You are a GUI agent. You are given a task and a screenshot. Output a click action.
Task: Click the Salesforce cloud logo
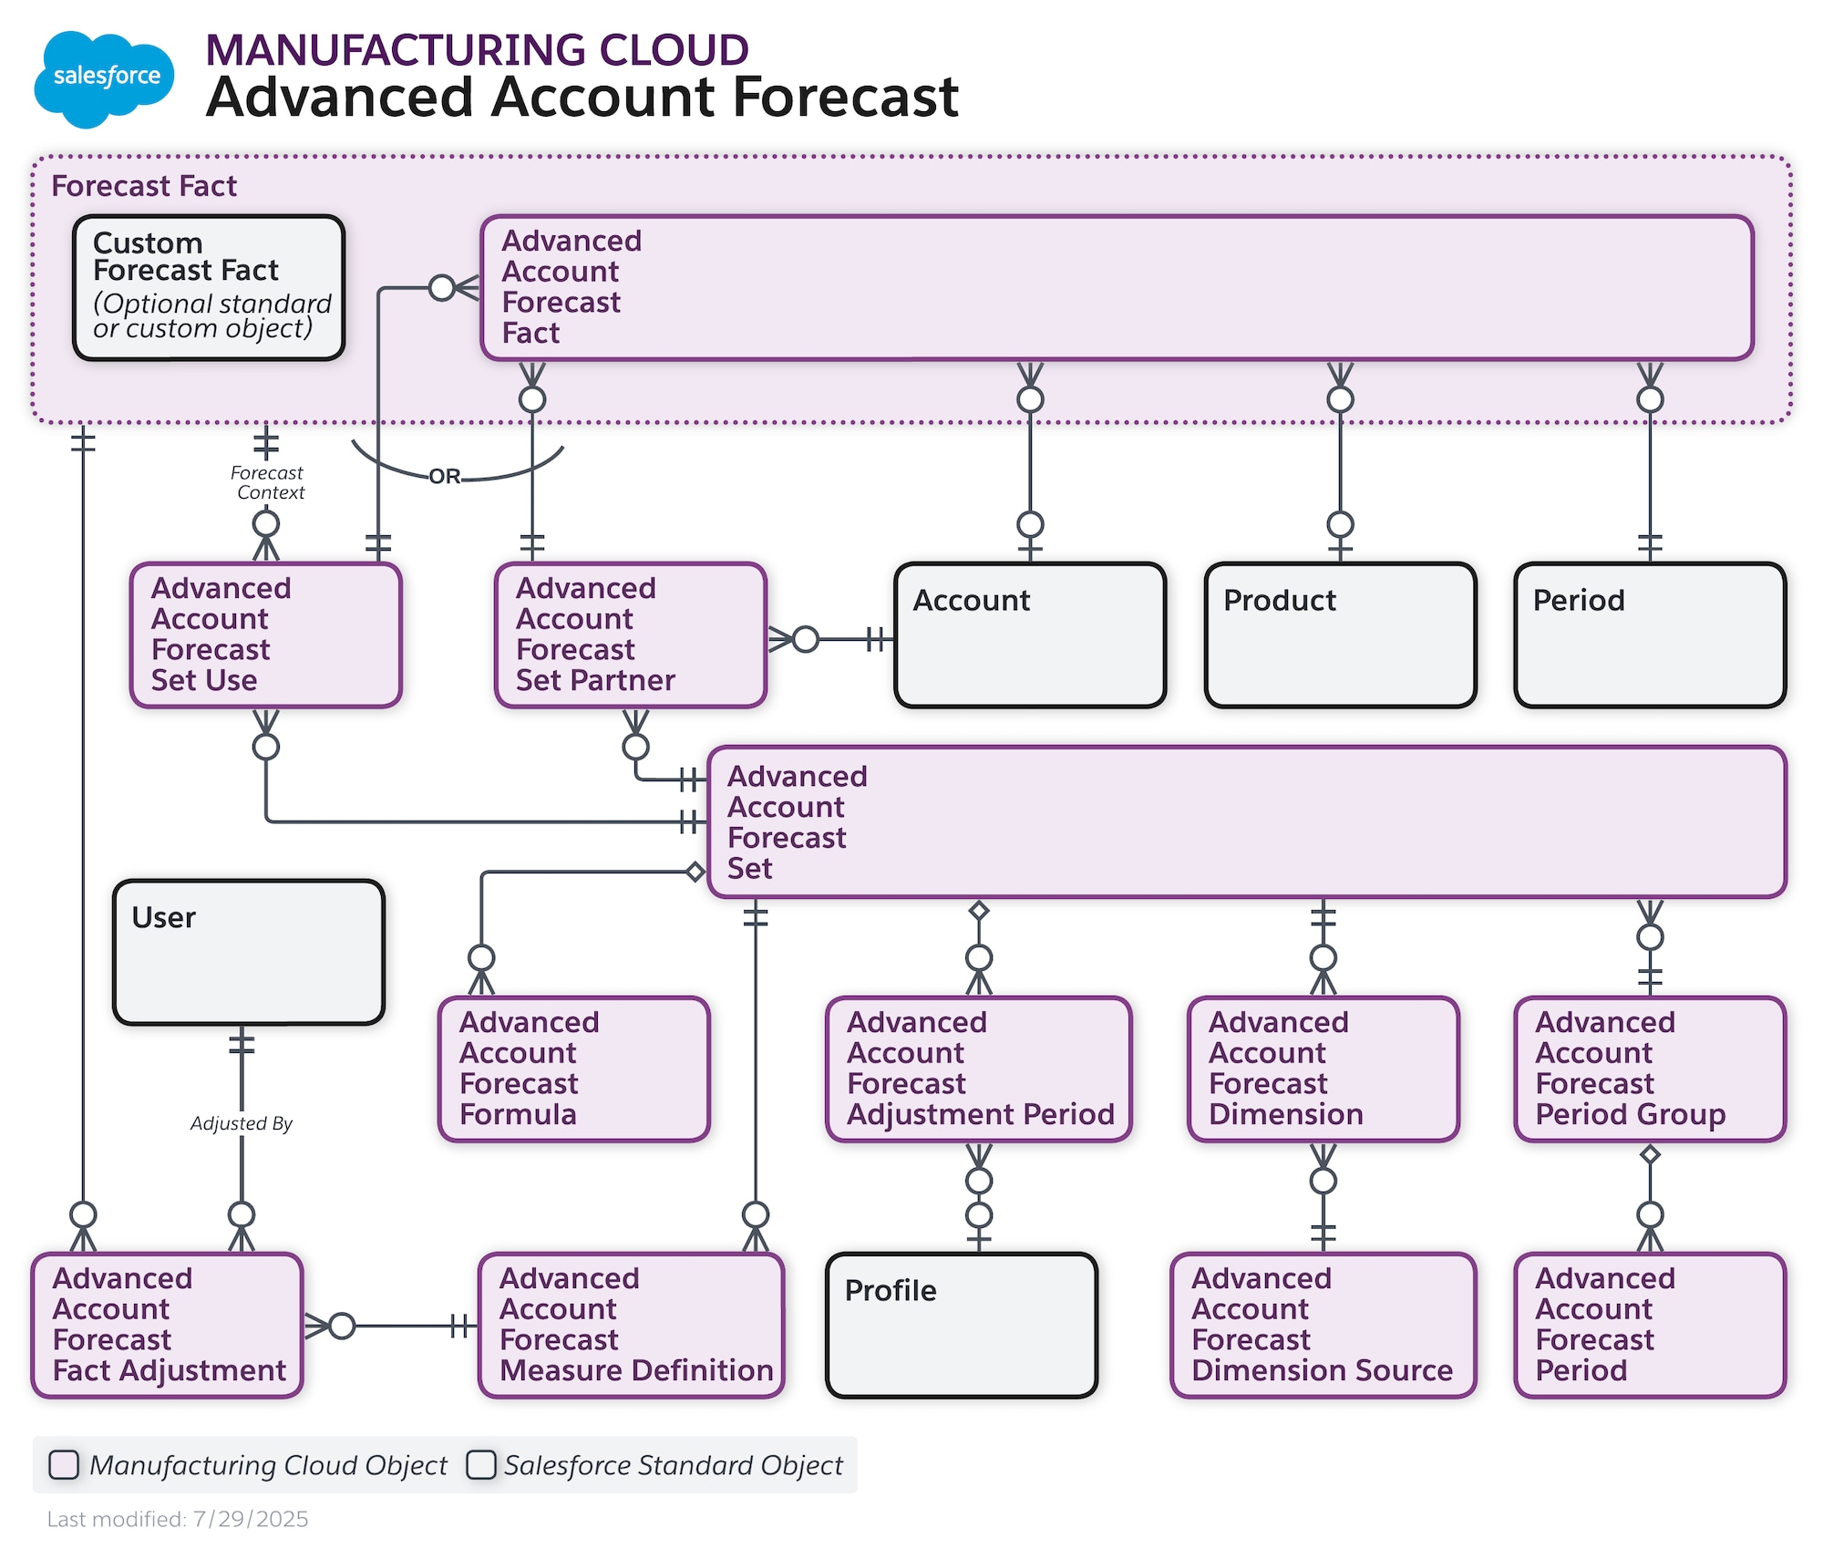[103, 78]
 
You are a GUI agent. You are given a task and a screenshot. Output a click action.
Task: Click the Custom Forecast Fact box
[209, 287]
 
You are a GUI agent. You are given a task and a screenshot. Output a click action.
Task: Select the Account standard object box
[1030, 635]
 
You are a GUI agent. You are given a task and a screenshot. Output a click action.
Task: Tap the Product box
[1340, 635]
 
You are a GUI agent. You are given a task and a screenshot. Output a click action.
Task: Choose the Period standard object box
[1650, 635]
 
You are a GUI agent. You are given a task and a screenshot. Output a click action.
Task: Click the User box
[248, 952]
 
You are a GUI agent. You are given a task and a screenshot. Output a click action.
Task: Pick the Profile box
[961, 1325]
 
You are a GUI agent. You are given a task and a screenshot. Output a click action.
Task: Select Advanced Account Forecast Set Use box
[265, 635]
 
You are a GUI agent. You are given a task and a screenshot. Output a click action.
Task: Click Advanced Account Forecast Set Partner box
[630, 635]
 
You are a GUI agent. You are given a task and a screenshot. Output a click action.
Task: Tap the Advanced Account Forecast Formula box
[573, 1069]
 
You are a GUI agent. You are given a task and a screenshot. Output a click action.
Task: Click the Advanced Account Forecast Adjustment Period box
[978, 1069]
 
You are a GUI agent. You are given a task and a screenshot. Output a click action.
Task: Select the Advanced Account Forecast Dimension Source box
[1323, 1325]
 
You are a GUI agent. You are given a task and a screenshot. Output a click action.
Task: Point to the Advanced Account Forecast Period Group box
[1650, 1069]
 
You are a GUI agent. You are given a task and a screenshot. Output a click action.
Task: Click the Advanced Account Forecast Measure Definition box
[631, 1325]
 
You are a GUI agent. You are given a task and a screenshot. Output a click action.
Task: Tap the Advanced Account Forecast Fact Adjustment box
[168, 1325]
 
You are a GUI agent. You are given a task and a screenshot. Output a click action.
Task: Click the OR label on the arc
[445, 476]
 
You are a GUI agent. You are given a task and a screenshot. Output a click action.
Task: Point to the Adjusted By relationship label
[242, 1123]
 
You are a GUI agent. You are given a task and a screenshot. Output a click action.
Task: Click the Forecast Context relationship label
[268, 482]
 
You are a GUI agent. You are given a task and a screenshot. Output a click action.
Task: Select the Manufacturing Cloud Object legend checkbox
[64, 1464]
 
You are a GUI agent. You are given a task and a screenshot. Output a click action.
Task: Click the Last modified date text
[178, 1519]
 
